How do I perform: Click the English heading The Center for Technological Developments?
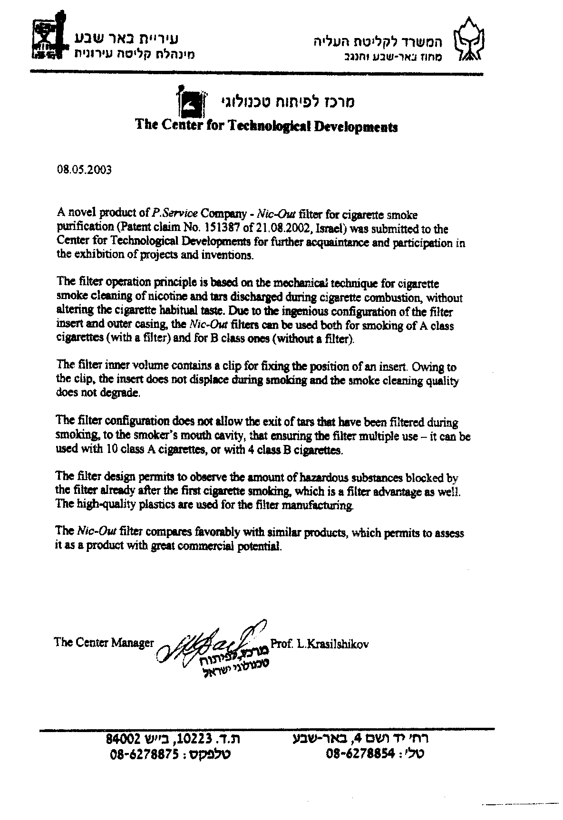click(266, 126)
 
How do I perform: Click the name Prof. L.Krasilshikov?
click(319, 644)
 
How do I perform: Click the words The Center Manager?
click(104, 643)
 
